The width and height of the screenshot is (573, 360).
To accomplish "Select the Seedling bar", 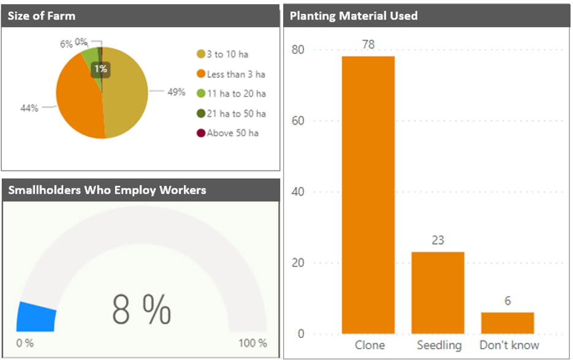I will pyautogui.click(x=438, y=293).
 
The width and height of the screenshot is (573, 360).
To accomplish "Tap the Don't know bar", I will pyautogui.click(x=507, y=323).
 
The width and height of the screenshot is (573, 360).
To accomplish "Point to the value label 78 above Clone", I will pyautogui.click(x=368, y=45).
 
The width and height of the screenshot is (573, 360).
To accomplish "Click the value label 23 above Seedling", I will pyautogui.click(x=438, y=240).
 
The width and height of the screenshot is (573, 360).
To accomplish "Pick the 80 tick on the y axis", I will pyautogui.click(x=297, y=50).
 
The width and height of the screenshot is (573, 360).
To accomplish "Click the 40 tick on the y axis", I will pyautogui.click(x=297, y=192).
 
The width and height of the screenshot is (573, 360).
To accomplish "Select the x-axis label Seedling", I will pyautogui.click(x=439, y=345).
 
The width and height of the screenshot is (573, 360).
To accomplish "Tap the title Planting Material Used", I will pyautogui.click(x=354, y=16).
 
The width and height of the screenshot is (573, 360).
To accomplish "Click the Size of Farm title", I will pyautogui.click(x=42, y=16).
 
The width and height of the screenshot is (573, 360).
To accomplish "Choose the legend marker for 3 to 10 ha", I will pyautogui.click(x=200, y=55).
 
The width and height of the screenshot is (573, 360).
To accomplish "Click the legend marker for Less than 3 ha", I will pyautogui.click(x=200, y=74).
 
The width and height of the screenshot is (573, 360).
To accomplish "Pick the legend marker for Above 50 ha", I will pyautogui.click(x=200, y=133).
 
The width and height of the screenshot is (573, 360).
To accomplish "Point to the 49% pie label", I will pyautogui.click(x=176, y=92).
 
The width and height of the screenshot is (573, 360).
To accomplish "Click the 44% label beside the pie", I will pyautogui.click(x=29, y=109).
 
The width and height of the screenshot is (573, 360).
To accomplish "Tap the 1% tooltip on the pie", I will pyautogui.click(x=101, y=69).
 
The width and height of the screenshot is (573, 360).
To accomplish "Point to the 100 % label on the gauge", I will pyautogui.click(x=252, y=343).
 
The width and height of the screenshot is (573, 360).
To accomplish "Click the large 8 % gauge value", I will pyautogui.click(x=142, y=310).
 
